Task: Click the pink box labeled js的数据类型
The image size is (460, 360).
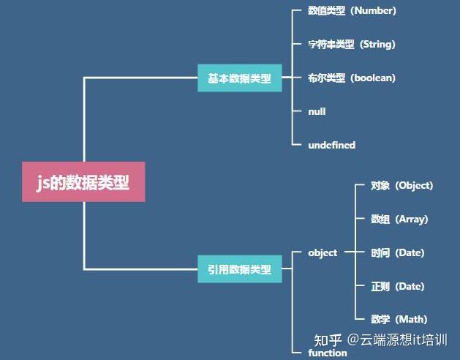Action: pos(83,181)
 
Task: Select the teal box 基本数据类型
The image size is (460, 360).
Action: pos(239,78)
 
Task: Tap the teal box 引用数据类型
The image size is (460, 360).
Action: pos(239,269)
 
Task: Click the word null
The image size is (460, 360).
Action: pos(317,111)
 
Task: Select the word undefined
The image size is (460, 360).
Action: pos(331,145)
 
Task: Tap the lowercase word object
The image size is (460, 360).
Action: pos(323,252)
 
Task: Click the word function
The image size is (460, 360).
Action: pos(328,353)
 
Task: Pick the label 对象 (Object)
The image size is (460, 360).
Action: pos(401,186)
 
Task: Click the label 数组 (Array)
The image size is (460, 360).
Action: pos(399,219)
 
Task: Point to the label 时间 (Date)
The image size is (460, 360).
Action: pos(397,252)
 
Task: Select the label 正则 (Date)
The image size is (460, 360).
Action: pos(397,286)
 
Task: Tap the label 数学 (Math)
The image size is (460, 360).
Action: pos(399,319)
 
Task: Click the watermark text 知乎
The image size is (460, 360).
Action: pos(328,340)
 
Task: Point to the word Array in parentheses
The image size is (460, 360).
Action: pos(410,219)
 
